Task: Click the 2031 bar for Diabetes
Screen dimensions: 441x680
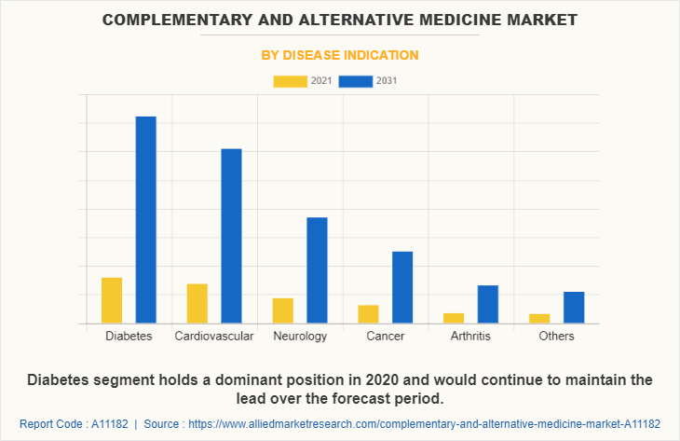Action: tap(145, 220)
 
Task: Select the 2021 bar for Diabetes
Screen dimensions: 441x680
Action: tap(112, 300)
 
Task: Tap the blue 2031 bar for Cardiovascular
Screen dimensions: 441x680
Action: tap(231, 236)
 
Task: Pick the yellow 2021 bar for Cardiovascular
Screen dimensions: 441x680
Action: tap(197, 303)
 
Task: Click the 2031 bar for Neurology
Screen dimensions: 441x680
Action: tap(317, 270)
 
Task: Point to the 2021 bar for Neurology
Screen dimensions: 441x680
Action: tap(283, 310)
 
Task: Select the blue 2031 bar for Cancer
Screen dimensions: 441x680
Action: tap(402, 287)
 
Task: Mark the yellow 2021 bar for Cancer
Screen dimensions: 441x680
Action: tap(368, 314)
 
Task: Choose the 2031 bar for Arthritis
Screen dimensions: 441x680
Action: tap(488, 304)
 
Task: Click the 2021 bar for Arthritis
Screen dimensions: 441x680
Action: tap(454, 318)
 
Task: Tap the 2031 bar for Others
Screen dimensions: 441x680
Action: tap(574, 308)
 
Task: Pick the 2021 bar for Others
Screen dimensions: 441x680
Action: tap(539, 319)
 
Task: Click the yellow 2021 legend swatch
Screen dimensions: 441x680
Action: tap(291, 81)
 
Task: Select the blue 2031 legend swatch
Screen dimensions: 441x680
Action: tap(356, 81)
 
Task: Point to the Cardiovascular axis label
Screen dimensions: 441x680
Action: tap(214, 336)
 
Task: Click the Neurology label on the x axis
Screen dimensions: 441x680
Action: tap(300, 336)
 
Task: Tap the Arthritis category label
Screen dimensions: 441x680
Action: tap(470, 336)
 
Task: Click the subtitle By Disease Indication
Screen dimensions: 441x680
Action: tap(339, 55)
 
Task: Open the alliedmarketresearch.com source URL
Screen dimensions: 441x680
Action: tap(424, 422)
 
